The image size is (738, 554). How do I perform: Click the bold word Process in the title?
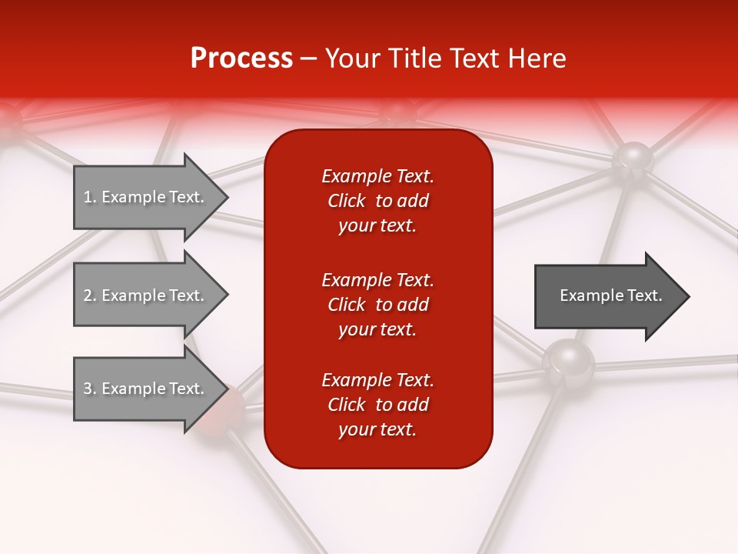241,58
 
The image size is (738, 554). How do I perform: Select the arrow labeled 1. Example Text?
146,197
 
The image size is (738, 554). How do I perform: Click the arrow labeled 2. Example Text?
146,295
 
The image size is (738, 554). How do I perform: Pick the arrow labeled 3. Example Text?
146,389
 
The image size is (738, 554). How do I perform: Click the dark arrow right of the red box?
607,296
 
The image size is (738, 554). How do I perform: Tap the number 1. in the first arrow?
90,197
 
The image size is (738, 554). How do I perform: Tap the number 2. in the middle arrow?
90,295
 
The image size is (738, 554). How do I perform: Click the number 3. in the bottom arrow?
90,389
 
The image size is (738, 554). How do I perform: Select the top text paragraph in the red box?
377,201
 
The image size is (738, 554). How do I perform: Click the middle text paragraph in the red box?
377,305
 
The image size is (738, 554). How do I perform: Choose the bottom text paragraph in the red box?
377,405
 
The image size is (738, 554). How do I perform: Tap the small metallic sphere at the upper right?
633,159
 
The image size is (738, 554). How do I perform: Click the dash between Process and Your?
308,58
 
